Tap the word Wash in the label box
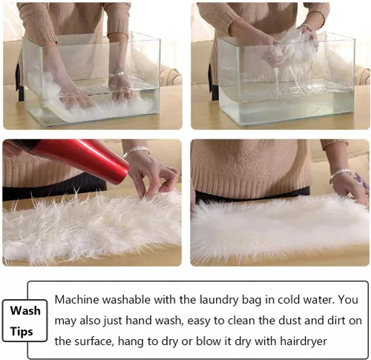[x=25, y=311]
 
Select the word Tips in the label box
[x=22, y=332]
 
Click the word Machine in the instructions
[x=77, y=300]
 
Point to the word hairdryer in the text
[x=303, y=342]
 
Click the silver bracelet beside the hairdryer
[x=137, y=151]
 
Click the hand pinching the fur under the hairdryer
[x=154, y=177]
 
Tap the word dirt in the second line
[x=336, y=321]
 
